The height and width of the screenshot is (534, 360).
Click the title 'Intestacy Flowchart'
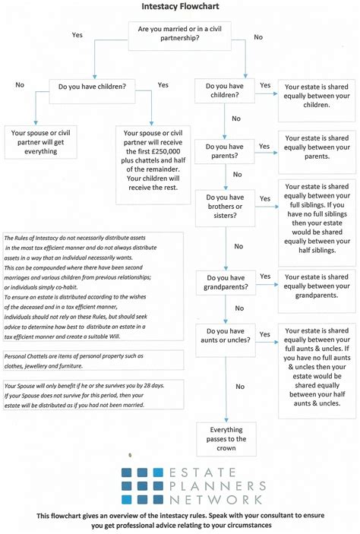point(180,7)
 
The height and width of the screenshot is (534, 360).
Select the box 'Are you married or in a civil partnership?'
point(180,33)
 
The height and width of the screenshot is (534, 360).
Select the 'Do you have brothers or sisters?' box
point(225,207)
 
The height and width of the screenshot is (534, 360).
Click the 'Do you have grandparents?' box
point(225,282)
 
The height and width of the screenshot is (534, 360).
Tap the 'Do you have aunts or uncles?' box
point(225,335)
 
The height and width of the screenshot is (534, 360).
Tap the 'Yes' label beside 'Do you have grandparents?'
point(264,276)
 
